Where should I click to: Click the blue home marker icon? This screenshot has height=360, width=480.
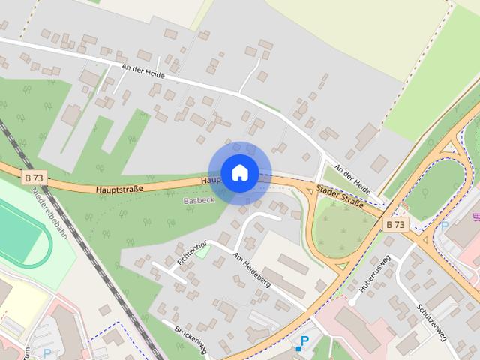click(x=239, y=172)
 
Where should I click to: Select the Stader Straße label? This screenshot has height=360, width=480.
click(x=340, y=197)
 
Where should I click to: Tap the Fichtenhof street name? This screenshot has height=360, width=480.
click(x=191, y=253)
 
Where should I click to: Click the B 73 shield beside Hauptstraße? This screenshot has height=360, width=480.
click(x=33, y=178)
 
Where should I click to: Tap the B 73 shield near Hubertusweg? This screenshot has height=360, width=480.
click(x=395, y=224)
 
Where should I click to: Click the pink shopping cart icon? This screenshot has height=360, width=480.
click(x=475, y=218)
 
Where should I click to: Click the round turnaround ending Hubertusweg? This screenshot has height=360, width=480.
click(x=352, y=301)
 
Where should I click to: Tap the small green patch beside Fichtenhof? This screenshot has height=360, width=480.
click(x=202, y=250)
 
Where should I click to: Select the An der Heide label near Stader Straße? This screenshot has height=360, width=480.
click(x=352, y=177)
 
